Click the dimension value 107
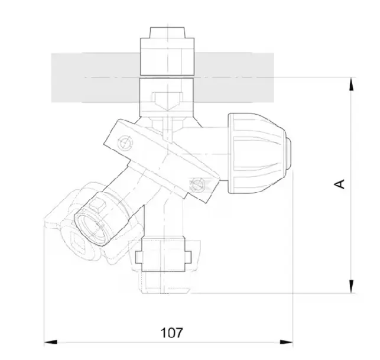tap(171, 332)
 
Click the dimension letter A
tap(339, 184)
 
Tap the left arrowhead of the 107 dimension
tap(51, 342)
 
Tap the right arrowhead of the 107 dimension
tap(287, 342)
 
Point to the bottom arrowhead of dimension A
tap(351, 286)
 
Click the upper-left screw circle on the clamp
tap(125, 143)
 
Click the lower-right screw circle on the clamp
tap(197, 185)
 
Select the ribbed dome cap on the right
tap(257, 153)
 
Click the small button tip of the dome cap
tap(288, 153)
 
